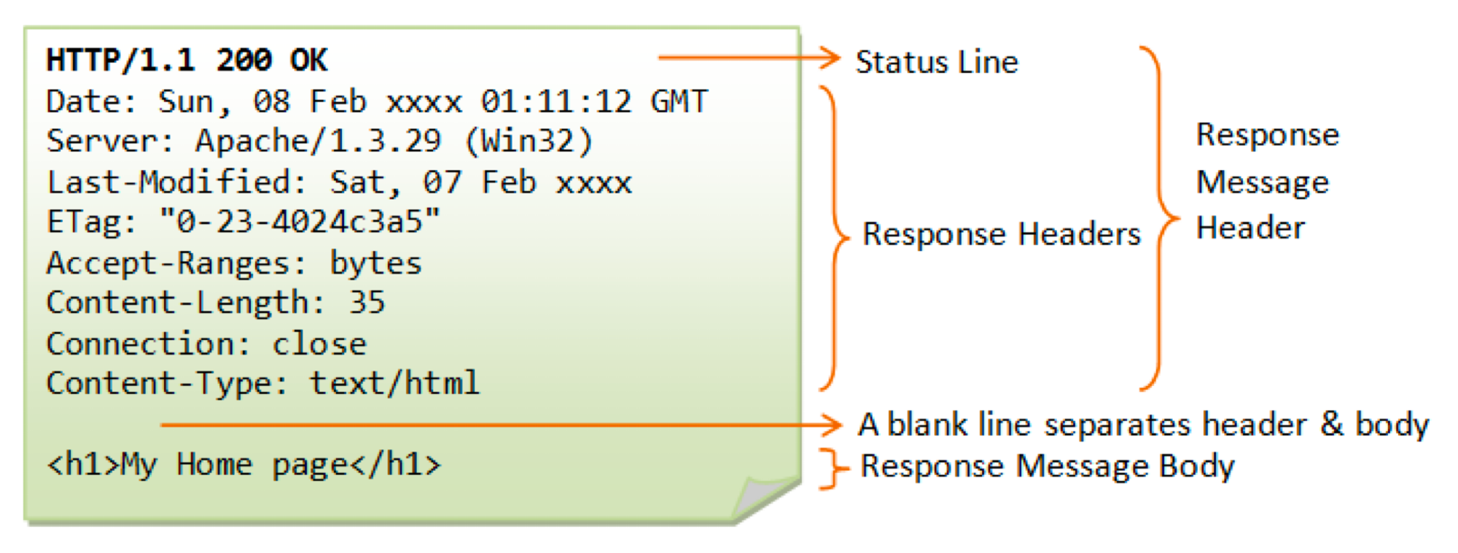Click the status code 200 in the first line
244,60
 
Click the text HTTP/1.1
120,60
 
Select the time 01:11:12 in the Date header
555,101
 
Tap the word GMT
679,101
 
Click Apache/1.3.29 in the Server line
318,142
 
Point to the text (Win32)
529,142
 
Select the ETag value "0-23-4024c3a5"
300,222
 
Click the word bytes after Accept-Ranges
375,263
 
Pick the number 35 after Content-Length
366,303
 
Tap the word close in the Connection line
319,344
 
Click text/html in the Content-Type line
394,384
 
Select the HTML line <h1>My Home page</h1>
243,465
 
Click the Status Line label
937,62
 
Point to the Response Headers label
1002,234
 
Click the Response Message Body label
1048,466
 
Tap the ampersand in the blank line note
1331,424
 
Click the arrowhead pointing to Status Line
830,58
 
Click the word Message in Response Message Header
1263,182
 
